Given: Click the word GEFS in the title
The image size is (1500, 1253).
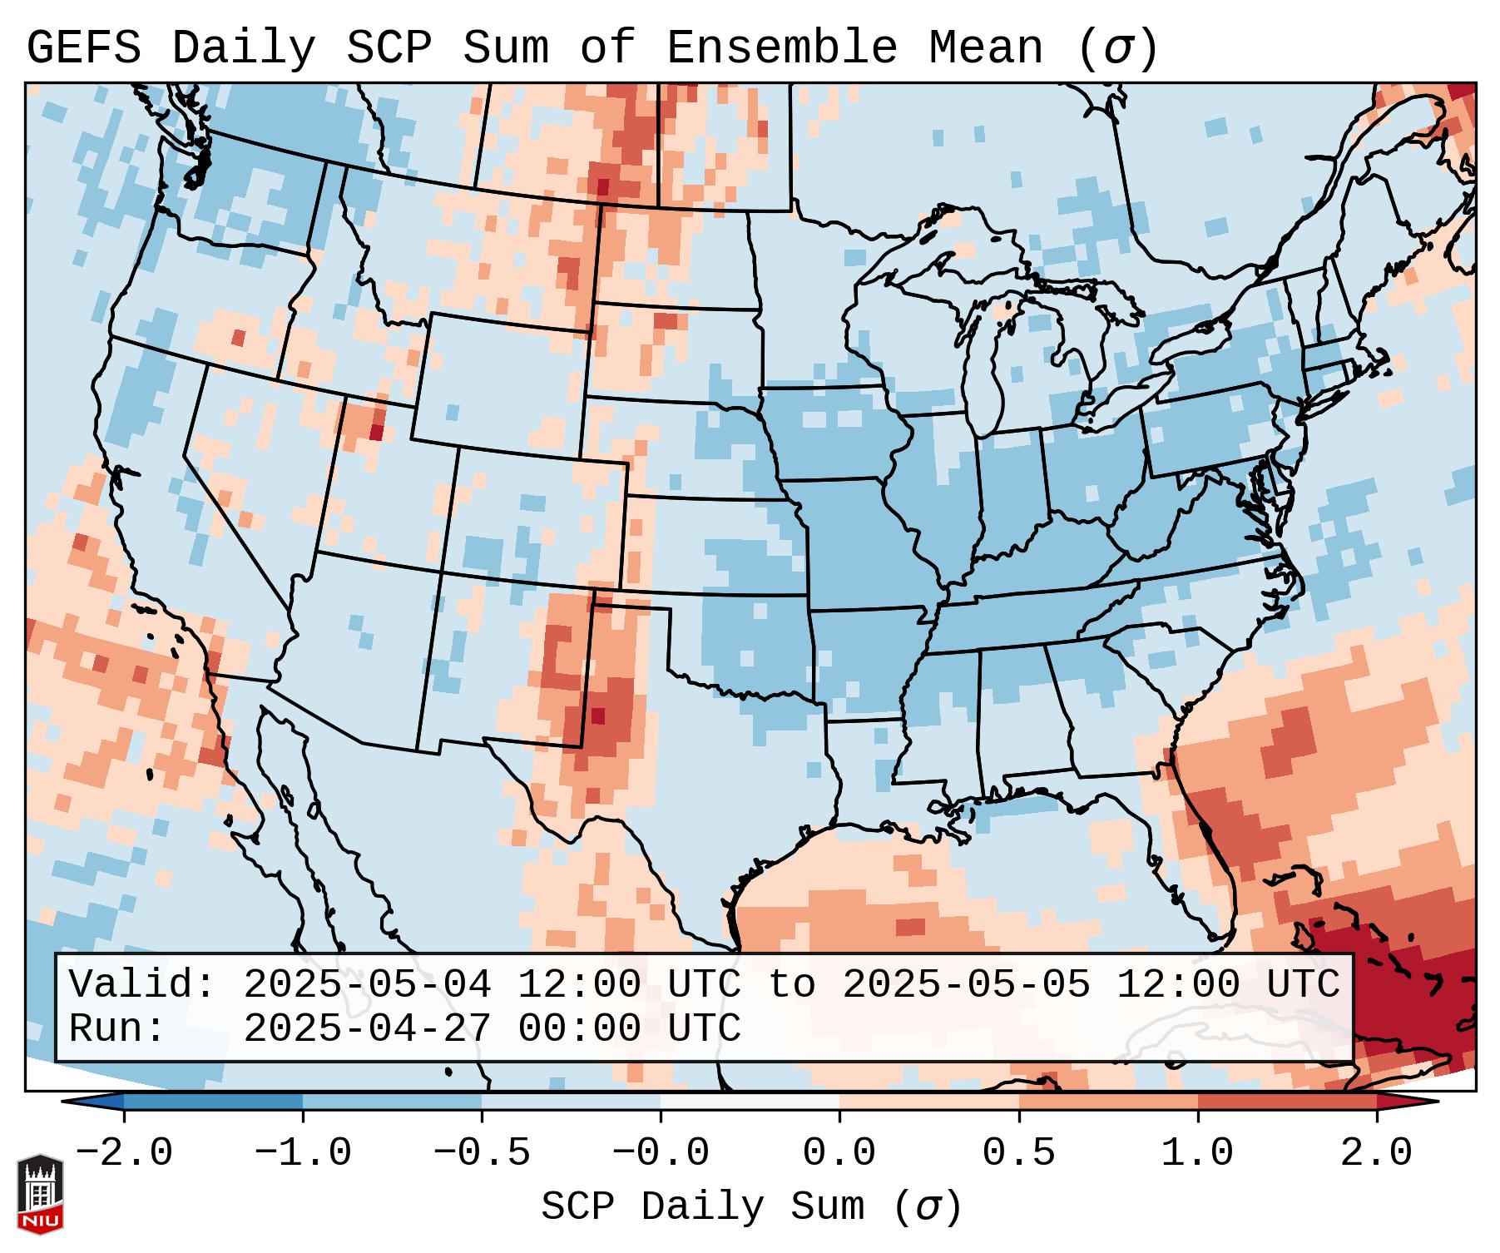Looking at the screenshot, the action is coord(83,48).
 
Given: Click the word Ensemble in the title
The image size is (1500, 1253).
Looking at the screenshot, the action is coord(782,48).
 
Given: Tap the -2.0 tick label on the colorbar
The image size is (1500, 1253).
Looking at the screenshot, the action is coord(124,1153).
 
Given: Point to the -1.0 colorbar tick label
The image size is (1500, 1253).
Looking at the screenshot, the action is coord(303,1153).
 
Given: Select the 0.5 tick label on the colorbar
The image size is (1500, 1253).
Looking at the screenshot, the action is coord(1019,1153).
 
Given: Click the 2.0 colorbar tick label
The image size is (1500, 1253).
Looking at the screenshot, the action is coord(1377,1153).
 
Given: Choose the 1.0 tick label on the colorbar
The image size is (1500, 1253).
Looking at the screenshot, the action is coord(1198,1153).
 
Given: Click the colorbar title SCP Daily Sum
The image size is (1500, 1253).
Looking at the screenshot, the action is coord(703,1206).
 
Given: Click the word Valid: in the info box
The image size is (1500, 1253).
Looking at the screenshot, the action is coord(142,984).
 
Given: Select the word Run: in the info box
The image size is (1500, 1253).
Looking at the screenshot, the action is coord(117,1028).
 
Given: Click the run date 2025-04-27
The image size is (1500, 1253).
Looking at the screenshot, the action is coord(367,1028).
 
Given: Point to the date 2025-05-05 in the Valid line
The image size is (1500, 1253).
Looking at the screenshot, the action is coord(966,984).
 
